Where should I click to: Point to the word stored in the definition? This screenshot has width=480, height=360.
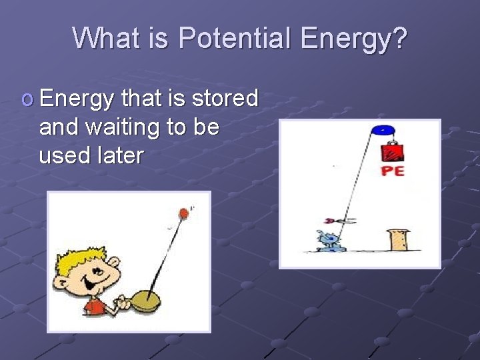point(225,98)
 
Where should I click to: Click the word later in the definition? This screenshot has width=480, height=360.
point(120,155)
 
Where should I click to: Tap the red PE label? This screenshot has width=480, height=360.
point(393,171)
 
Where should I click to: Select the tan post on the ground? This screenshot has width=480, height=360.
point(399,240)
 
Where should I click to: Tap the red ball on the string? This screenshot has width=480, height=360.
point(183,214)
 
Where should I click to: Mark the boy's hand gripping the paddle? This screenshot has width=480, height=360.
point(123,303)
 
